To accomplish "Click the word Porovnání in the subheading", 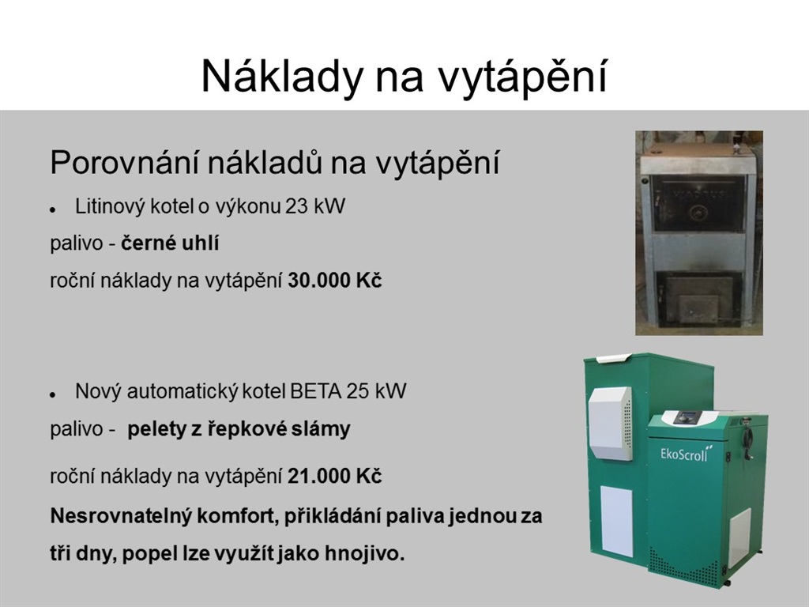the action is [124, 163].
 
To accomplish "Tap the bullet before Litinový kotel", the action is [53, 210].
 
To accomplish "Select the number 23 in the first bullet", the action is [296, 206].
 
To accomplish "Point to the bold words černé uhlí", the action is [171, 243].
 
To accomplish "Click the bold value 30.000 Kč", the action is [335, 281].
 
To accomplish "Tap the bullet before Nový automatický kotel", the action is [53, 395].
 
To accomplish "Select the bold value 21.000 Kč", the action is [335, 476].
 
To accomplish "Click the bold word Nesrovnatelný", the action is [121, 516].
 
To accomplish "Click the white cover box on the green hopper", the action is [611, 424].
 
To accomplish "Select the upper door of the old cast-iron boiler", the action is [699, 203].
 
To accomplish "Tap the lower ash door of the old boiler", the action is [698, 300].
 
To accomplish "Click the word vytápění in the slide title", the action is [522, 77].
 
